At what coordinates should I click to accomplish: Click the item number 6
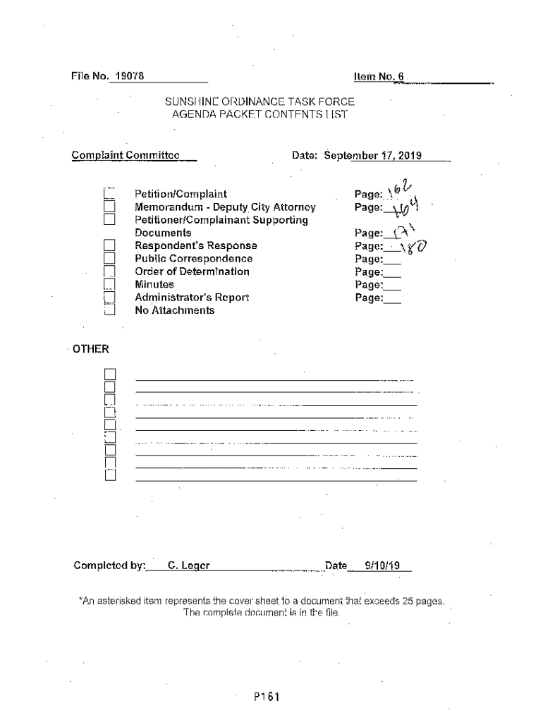(x=400, y=76)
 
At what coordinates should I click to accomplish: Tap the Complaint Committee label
(x=126, y=155)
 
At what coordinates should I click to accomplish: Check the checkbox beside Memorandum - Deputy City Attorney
(x=109, y=207)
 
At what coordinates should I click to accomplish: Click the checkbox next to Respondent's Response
(x=109, y=246)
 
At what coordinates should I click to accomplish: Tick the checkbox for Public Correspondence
(x=109, y=259)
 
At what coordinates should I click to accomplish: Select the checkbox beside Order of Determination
(x=109, y=271)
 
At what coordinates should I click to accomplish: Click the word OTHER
(x=91, y=349)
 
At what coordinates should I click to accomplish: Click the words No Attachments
(x=174, y=310)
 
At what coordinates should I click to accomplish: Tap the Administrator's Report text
(x=192, y=298)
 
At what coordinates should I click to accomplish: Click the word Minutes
(x=154, y=285)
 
